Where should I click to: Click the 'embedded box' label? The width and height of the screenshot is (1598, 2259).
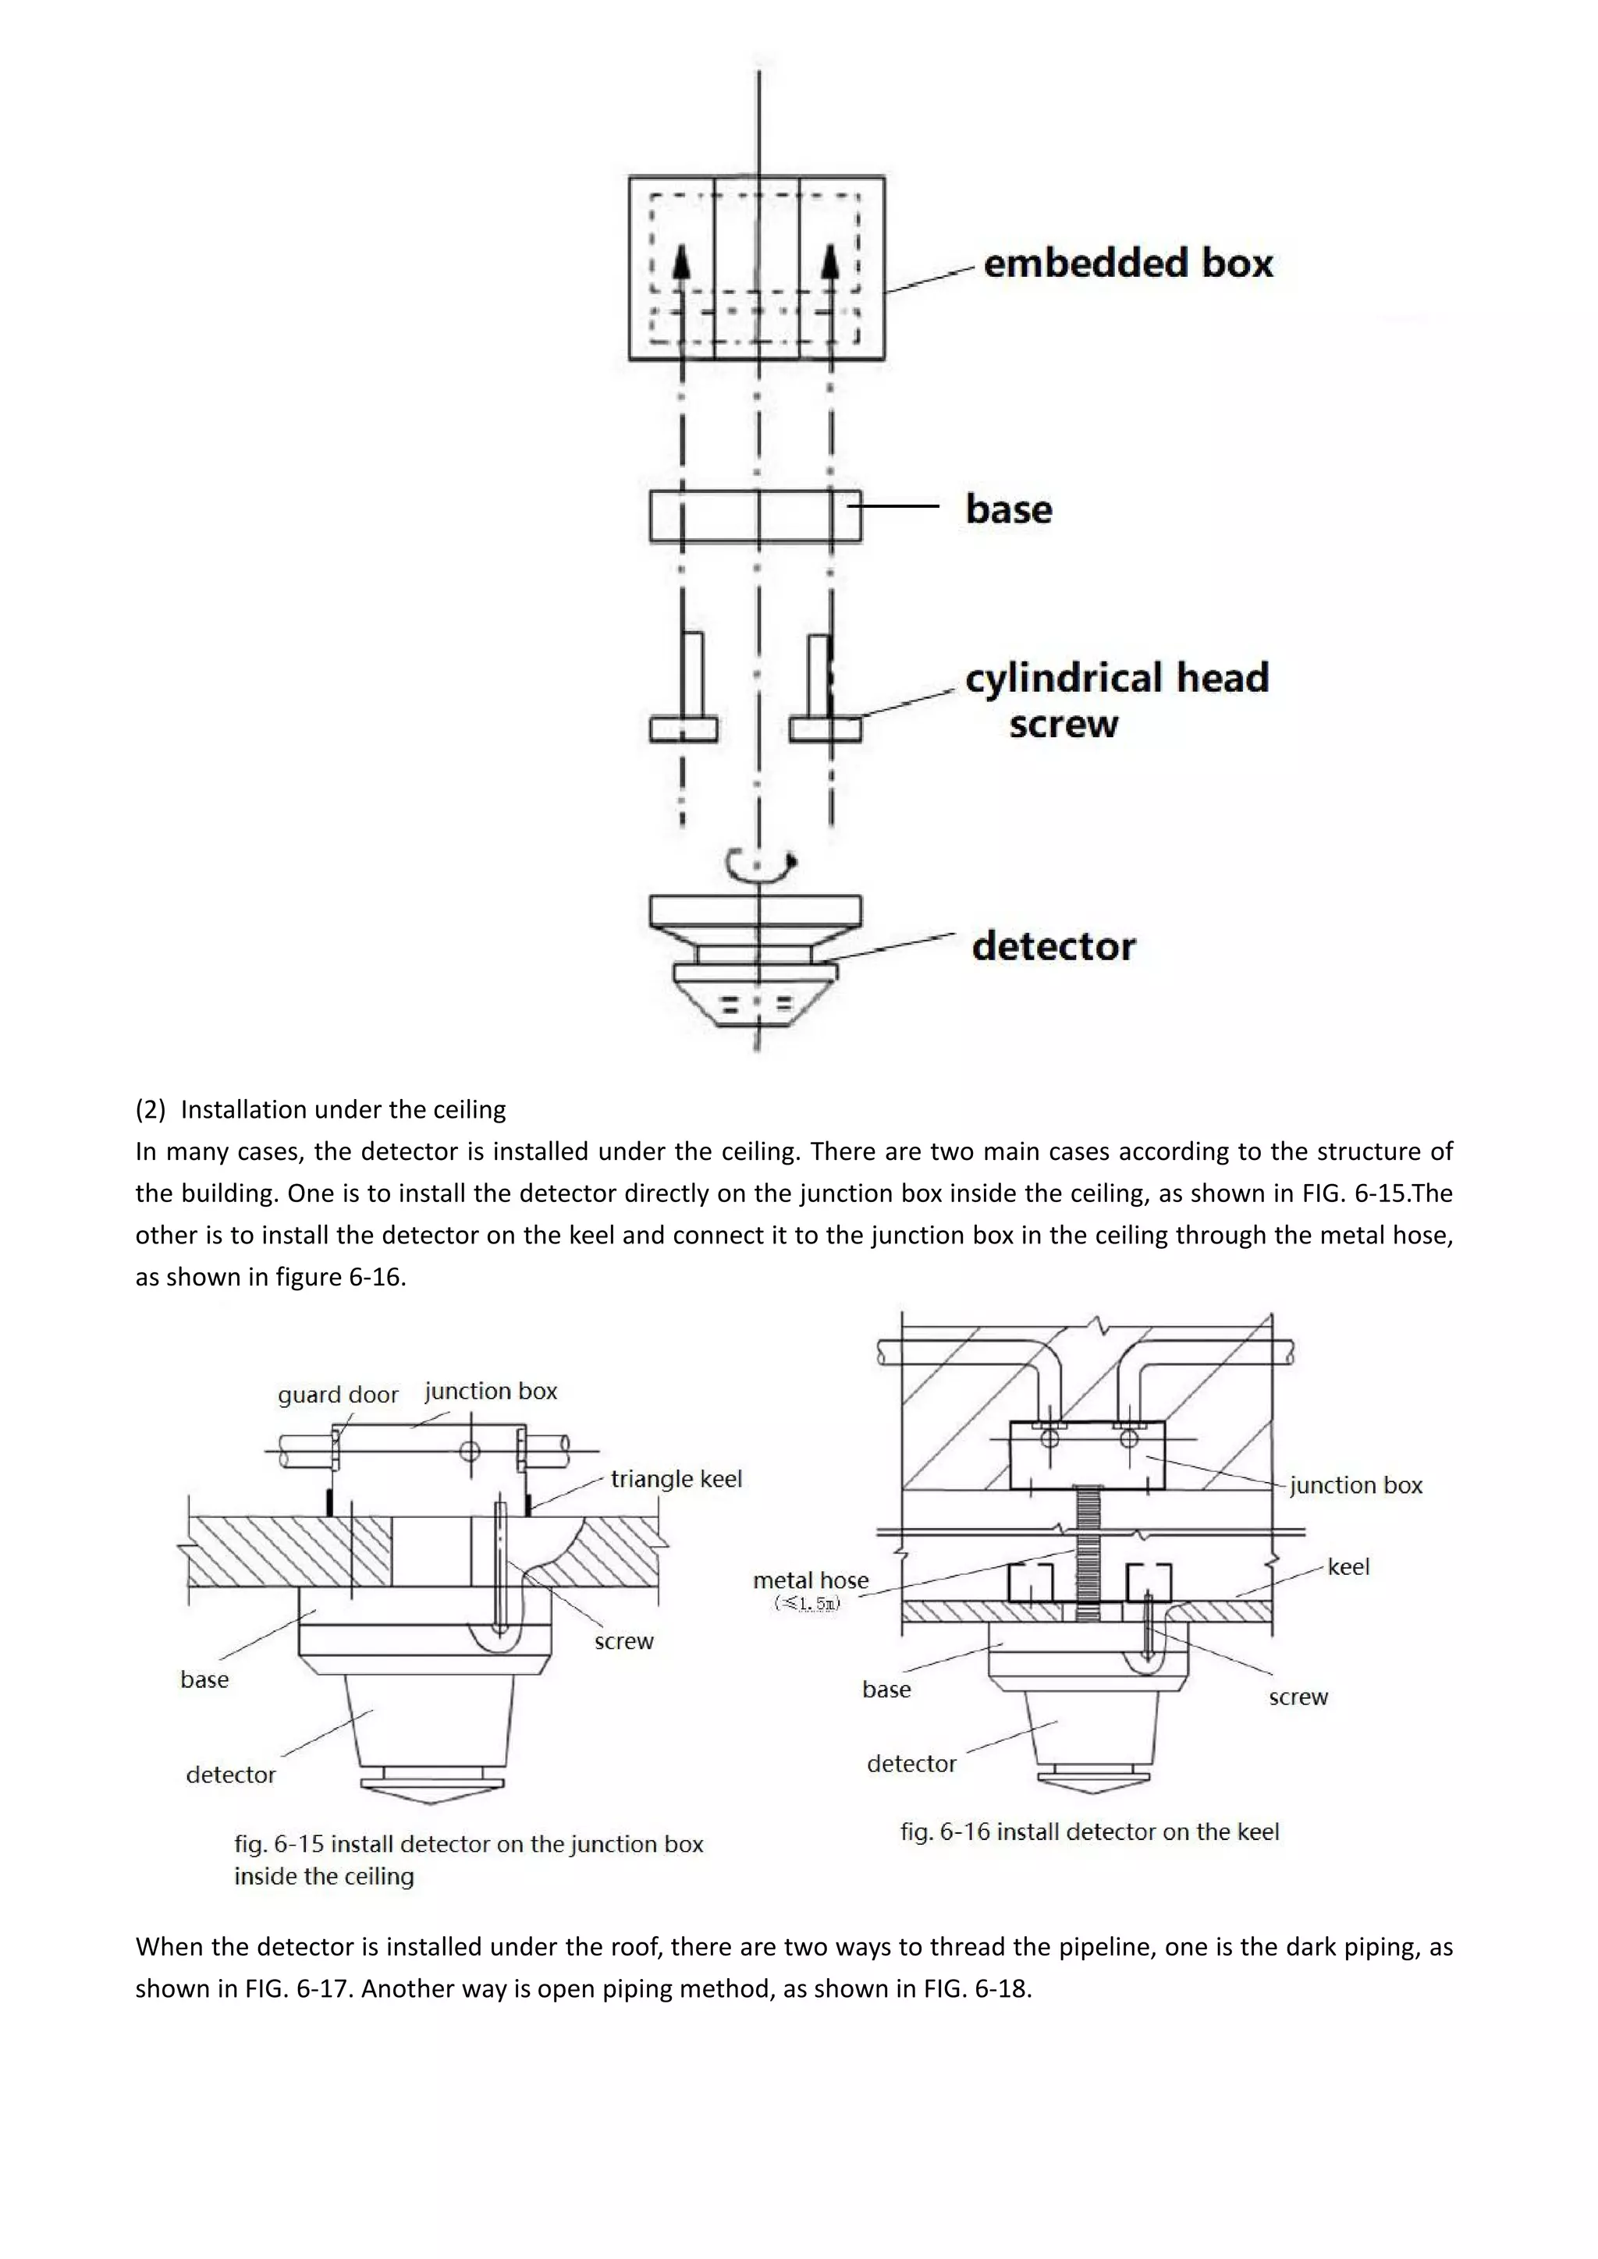[x=1127, y=264]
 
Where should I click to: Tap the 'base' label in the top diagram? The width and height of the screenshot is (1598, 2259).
[x=1009, y=509]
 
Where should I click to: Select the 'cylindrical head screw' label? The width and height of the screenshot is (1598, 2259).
[x=1116, y=700]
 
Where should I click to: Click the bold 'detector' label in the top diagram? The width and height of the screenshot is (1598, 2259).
[x=1053, y=946]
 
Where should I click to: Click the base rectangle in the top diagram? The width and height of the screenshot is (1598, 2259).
[x=755, y=516]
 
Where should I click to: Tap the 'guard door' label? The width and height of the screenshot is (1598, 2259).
[x=338, y=1395]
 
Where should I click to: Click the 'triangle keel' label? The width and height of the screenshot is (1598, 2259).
[x=676, y=1479]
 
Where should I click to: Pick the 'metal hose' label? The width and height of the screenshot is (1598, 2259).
[x=811, y=1580]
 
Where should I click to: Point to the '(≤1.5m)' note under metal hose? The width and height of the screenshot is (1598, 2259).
[x=808, y=1604]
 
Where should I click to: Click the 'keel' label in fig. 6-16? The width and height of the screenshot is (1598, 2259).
[x=1348, y=1566]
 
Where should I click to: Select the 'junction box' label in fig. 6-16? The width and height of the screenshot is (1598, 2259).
[x=1356, y=1486]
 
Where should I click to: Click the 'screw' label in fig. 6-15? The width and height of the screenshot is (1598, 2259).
[x=624, y=1641]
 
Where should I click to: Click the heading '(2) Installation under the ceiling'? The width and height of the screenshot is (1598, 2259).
[x=321, y=1110]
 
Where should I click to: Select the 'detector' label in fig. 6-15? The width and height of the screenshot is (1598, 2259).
[x=230, y=1775]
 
